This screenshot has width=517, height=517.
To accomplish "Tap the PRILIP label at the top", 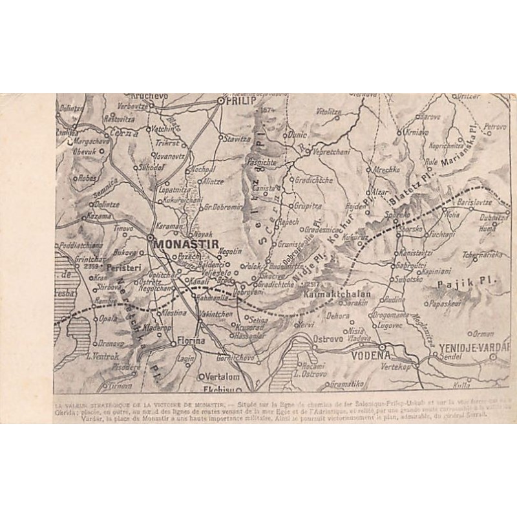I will tap(241, 101).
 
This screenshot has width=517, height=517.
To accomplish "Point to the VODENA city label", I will tap(370, 355).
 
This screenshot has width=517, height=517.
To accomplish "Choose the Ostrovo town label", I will tap(327, 339).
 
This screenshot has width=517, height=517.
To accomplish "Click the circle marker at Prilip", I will tap(220, 101).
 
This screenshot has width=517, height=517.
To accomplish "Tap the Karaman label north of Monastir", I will tap(167, 227).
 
